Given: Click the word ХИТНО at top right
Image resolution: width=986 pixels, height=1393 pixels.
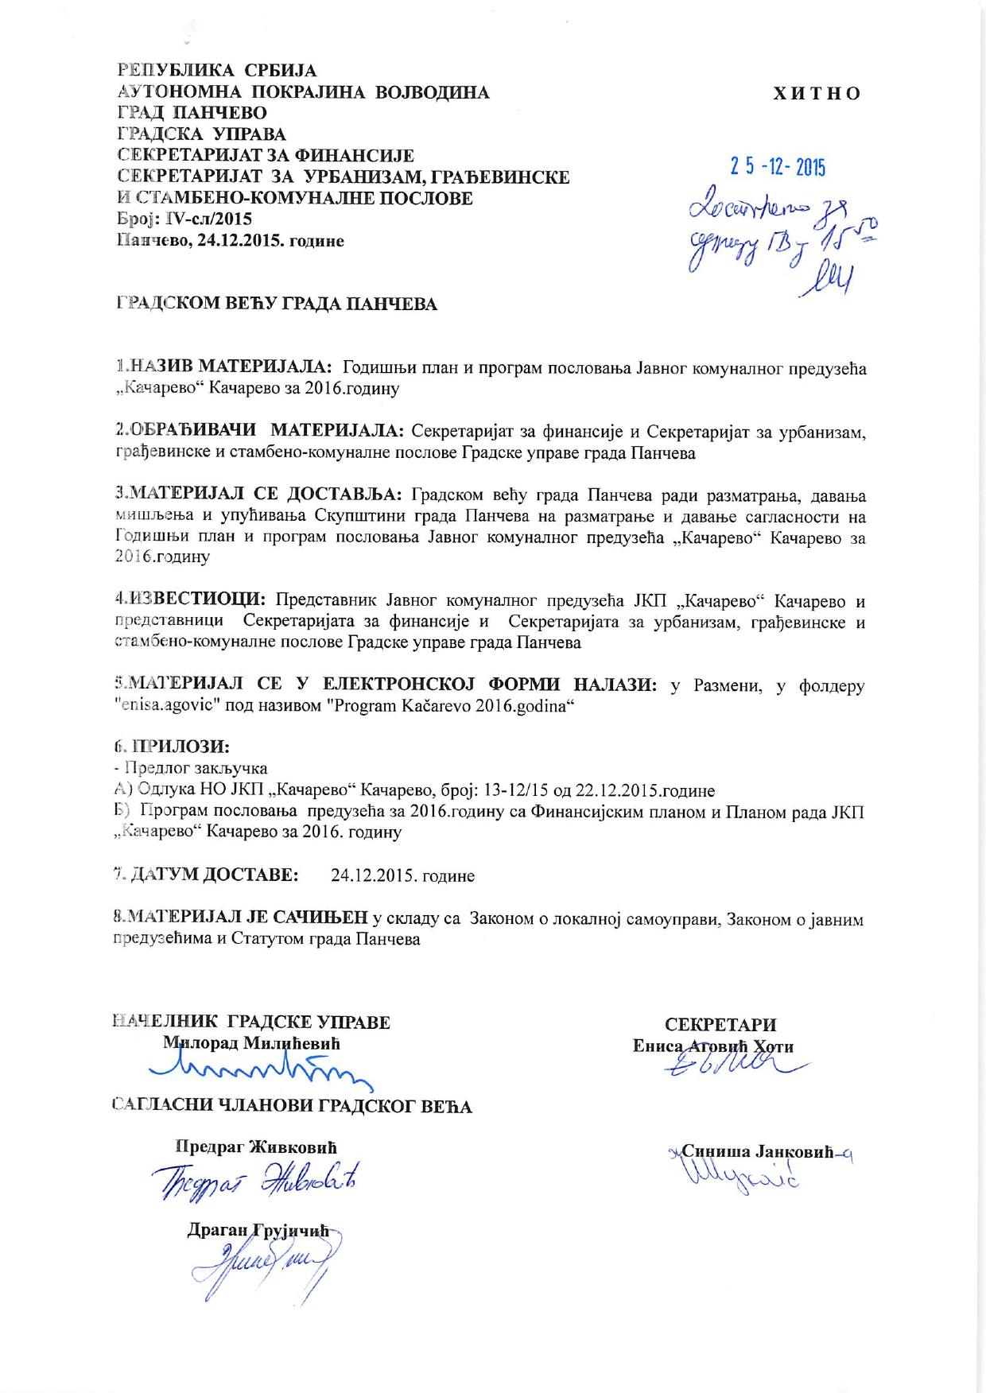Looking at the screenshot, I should click(817, 93).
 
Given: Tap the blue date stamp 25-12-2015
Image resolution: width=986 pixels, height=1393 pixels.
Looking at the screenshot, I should click(778, 167).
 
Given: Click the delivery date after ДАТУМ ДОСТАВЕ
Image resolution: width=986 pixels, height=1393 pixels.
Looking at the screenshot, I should click(402, 875).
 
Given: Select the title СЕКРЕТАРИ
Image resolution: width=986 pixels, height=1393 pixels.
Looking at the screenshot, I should click(720, 1024).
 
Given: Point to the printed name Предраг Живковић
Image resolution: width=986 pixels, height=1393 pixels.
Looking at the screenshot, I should click(256, 1147).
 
